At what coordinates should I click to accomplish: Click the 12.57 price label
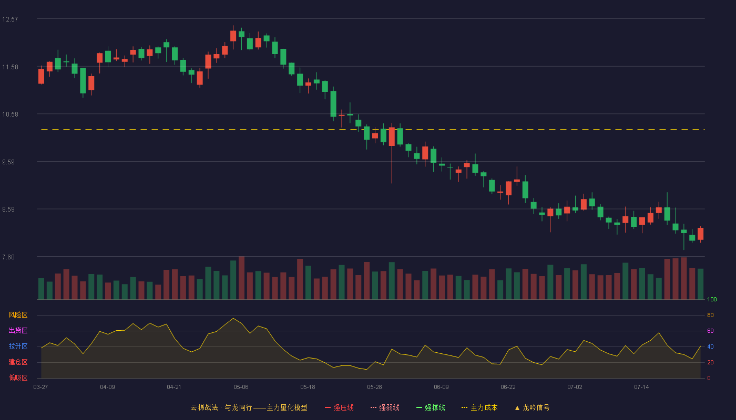(x=10, y=19)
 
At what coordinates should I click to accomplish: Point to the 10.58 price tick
(x=10, y=114)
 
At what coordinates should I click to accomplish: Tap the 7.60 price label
(x=8, y=257)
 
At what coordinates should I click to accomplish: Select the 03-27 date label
(x=41, y=387)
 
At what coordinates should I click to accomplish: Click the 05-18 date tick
(x=308, y=387)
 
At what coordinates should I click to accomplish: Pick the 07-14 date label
(x=641, y=387)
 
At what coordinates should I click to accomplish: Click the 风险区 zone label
(x=18, y=315)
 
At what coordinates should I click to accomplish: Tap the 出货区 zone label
(x=18, y=330)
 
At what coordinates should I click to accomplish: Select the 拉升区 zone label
(x=18, y=346)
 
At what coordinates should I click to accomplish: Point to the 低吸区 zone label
(x=18, y=377)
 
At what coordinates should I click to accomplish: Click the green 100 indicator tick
(x=712, y=299)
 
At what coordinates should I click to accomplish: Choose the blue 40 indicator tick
(x=710, y=346)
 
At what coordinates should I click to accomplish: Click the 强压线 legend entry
(x=339, y=407)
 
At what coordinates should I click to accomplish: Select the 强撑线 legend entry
(x=431, y=407)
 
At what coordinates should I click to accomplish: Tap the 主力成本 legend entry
(x=479, y=407)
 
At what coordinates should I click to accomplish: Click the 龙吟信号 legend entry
(x=532, y=407)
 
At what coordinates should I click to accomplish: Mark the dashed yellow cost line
(x=373, y=130)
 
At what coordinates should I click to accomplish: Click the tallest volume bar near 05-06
(x=241, y=278)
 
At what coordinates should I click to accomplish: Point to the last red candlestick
(x=700, y=234)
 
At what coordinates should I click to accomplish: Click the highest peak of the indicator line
(x=233, y=318)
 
